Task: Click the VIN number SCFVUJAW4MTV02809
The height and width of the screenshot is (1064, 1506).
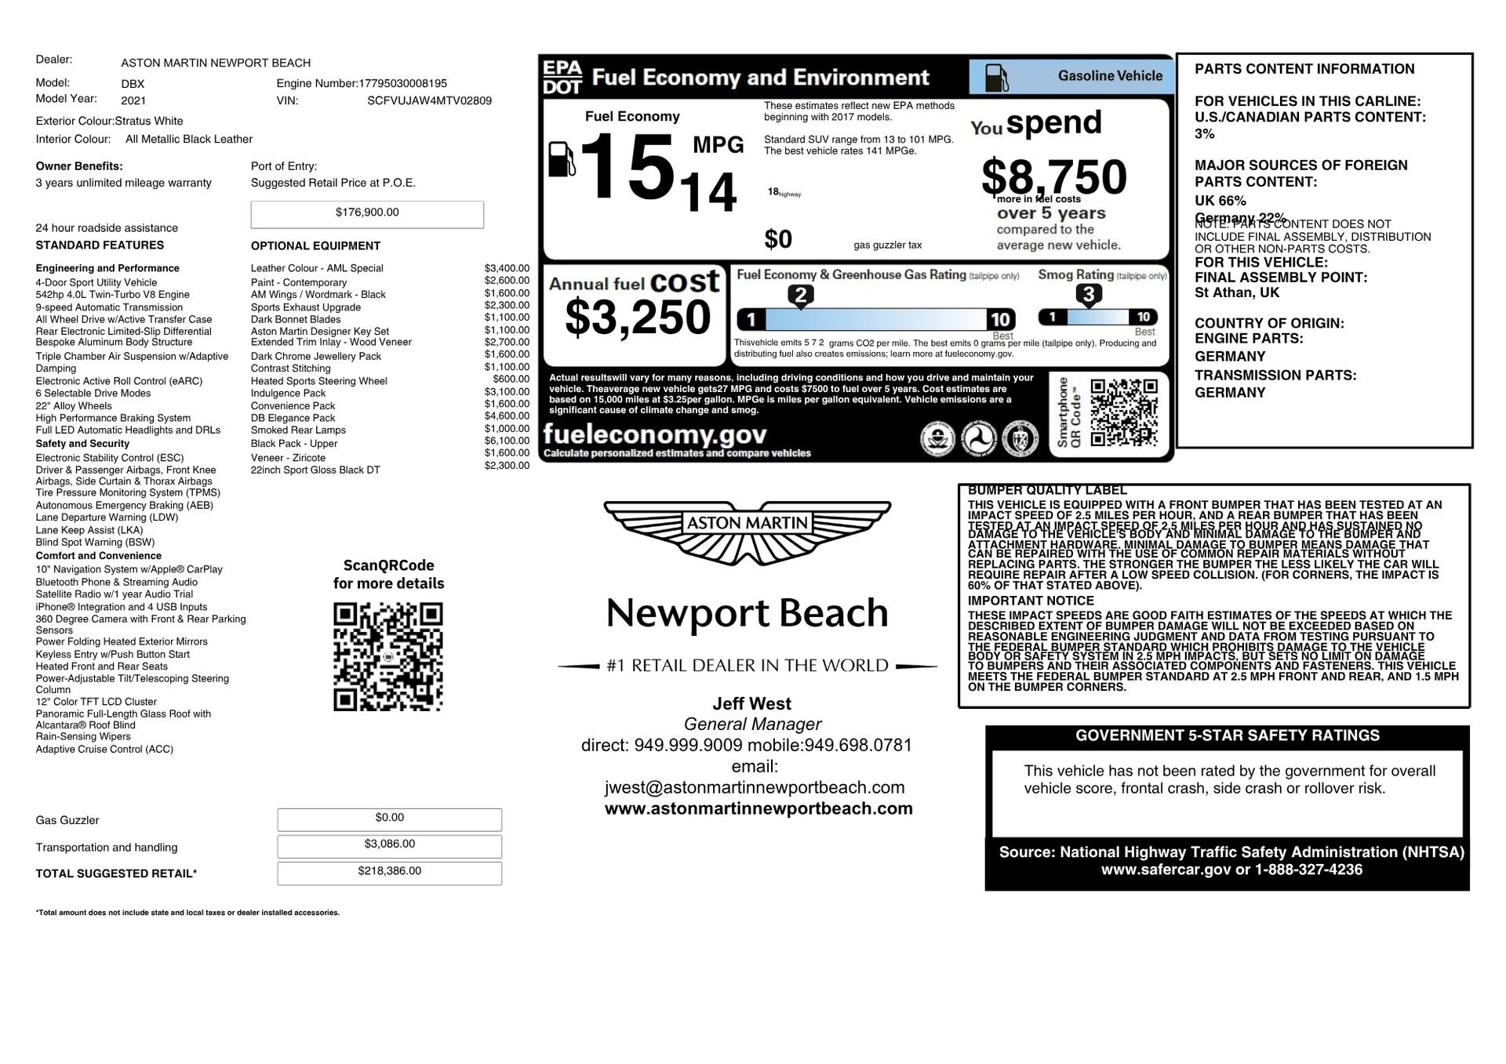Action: click(x=429, y=100)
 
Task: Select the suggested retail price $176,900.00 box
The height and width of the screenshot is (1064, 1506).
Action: click(x=367, y=213)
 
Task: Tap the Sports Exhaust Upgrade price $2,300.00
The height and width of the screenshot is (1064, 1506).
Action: click(x=507, y=306)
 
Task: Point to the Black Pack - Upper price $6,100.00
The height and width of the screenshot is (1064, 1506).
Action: click(x=507, y=441)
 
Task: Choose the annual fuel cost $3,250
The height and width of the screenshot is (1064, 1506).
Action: click(x=637, y=318)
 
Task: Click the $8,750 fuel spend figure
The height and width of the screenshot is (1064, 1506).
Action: click(x=1053, y=176)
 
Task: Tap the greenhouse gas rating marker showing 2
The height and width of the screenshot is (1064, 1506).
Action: click(x=800, y=296)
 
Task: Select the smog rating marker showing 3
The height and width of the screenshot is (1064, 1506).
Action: click(x=1088, y=295)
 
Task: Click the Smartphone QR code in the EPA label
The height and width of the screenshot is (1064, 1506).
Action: click(x=1124, y=412)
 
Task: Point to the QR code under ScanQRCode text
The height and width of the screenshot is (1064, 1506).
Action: click(x=388, y=656)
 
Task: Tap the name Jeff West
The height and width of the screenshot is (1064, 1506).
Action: click(x=751, y=703)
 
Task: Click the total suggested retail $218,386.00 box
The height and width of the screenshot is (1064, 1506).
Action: click(x=389, y=872)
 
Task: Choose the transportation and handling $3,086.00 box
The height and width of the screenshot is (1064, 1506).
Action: click(x=389, y=845)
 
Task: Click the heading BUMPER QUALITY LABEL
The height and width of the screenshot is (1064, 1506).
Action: click(x=1047, y=490)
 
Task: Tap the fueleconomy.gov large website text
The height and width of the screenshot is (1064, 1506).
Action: click(x=654, y=434)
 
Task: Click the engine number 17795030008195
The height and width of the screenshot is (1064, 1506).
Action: click(x=402, y=83)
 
